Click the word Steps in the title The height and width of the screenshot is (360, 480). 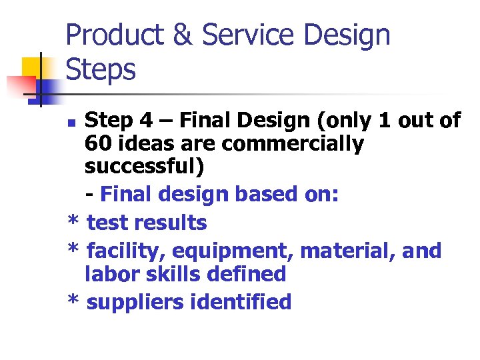(101, 69)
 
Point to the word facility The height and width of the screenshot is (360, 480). (123, 251)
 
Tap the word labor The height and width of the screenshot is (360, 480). (110, 274)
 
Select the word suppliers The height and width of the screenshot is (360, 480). (136, 303)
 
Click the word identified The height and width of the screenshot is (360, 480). (241, 302)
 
